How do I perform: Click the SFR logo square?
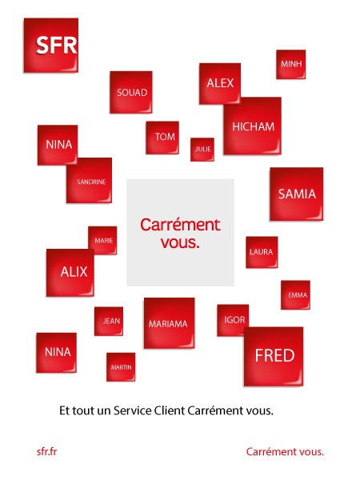click(51, 46)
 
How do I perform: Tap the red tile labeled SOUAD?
click(131, 92)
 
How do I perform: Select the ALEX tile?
click(220, 82)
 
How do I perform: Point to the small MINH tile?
click(291, 64)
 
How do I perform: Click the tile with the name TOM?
click(162, 138)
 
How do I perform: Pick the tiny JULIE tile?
click(202, 150)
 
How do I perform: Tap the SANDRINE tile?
click(89, 180)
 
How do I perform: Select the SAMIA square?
click(296, 194)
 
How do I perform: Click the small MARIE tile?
click(102, 240)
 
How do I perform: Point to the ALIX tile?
click(70, 273)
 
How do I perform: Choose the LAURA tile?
click(262, 252)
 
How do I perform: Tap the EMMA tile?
click(295, 294)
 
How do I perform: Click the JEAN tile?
click(109, 321)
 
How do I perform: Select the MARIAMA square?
click(170, 323)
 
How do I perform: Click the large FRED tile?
click(274, 357)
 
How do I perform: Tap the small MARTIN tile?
click(121, 367)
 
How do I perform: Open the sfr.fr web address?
click(47, 451)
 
